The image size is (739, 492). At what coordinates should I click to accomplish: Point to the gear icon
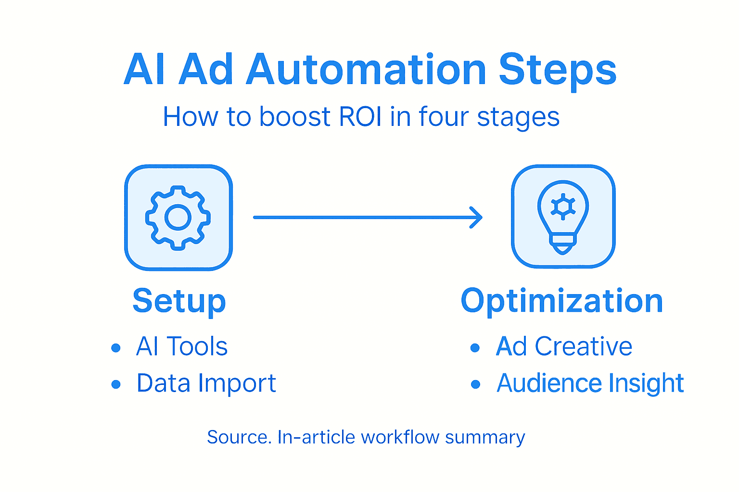tap(178, 217)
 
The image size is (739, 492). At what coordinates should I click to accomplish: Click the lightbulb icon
tap(563, 216)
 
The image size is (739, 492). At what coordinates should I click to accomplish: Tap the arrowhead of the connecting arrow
tap(476, 217)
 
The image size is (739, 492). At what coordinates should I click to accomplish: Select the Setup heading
tap(179, 301)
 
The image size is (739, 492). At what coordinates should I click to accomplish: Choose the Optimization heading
tap(562, 301)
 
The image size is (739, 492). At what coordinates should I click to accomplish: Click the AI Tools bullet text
tap(181, 346)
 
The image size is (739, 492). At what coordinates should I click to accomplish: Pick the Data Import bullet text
tap(206, 383)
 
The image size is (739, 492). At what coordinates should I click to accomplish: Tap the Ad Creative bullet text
tap(564, 346)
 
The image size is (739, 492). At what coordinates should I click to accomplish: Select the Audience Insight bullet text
tap(590, 383)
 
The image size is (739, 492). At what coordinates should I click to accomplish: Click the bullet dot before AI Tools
tap(115, 348)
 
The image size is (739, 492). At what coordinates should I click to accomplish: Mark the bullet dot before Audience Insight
tap(475, 384)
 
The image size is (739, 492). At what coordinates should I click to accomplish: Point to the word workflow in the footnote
tap(400, 437)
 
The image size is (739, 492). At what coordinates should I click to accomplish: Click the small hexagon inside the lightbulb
tap(563, 207)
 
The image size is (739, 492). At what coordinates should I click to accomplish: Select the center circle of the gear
tap(178, 217)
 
